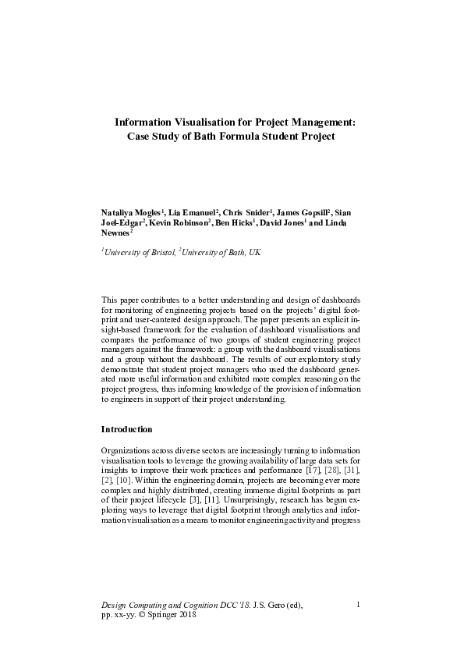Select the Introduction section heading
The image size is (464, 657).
tap(126, 429)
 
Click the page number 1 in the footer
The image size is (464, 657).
tap(356, 604)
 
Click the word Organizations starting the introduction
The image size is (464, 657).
tap(124, 453)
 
